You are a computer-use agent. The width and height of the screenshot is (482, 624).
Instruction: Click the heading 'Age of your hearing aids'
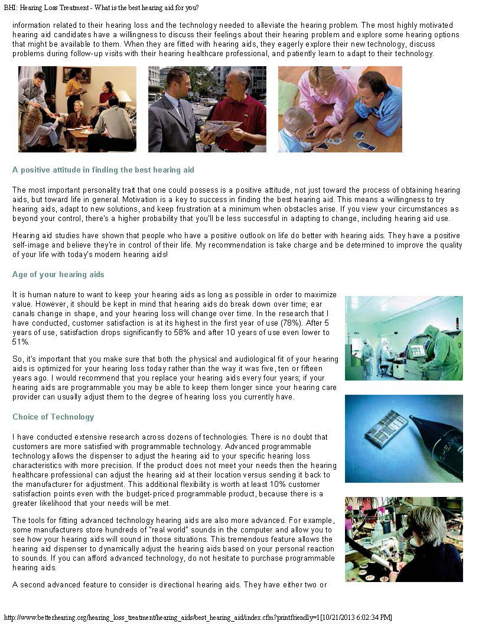58,274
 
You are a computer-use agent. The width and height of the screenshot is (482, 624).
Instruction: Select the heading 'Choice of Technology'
53,417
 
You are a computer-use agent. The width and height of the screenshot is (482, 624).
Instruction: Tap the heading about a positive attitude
103,170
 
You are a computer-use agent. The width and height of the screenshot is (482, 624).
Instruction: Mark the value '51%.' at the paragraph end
21,342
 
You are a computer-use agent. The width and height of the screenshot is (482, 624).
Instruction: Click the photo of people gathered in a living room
77,109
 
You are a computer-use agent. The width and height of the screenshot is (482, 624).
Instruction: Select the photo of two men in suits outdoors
207,109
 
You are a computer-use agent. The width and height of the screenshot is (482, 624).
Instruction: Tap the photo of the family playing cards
340,109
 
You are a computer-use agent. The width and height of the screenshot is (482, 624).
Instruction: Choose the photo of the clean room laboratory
403,338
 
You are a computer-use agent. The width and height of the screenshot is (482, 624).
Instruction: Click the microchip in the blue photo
386,428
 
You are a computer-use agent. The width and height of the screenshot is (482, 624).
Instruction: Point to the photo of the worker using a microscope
403,539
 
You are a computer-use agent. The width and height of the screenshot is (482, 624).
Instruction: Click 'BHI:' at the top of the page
11,8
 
